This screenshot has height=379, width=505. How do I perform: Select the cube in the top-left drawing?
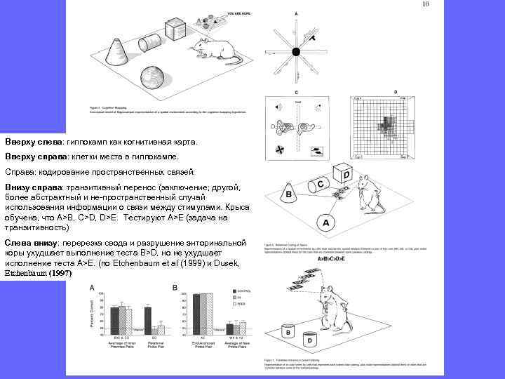tap(175, 30)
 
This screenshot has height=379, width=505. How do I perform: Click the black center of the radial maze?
tap(296, 51)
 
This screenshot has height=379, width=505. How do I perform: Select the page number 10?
tap(424, 5)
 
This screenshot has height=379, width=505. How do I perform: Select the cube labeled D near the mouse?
tap(343, 173)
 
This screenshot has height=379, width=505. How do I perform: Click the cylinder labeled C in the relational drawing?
tap(319, 184)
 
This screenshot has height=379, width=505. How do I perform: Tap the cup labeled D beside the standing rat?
tap(310, 340)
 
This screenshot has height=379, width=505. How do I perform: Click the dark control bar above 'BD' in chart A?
tap(147, 319)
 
